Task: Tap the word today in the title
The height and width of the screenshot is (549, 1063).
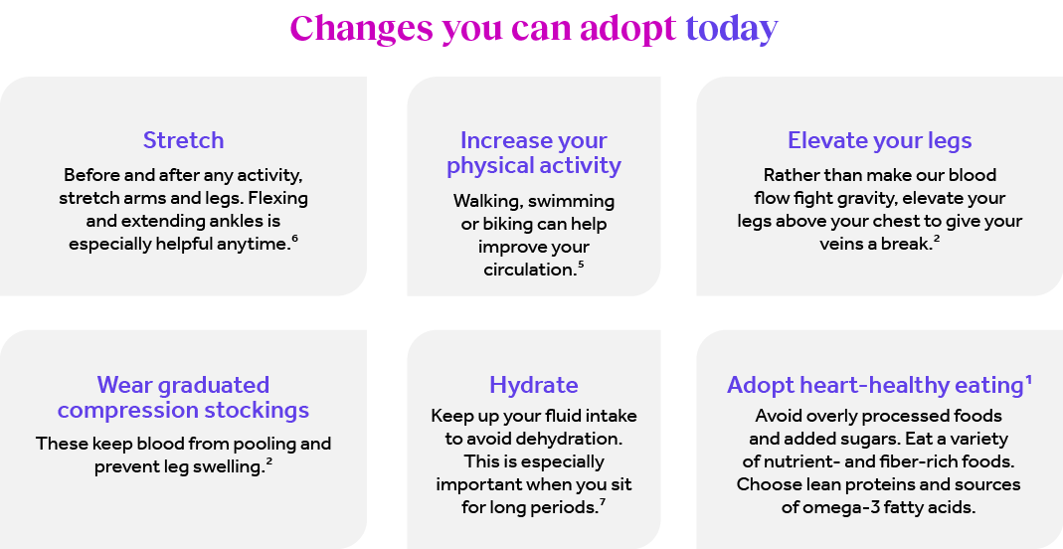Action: coord(731,28)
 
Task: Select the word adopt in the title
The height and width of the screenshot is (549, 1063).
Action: coord(628,28)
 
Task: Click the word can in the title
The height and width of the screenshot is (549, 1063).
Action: coord(543,28)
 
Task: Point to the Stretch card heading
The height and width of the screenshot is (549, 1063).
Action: coord(184,140)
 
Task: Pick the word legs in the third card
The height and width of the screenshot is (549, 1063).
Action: coord(947,141)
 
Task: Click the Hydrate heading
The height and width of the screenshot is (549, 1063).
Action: coord(534,385)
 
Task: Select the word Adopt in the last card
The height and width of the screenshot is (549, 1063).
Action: coord(758,386)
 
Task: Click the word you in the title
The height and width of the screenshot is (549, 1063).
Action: coord(472,30)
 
